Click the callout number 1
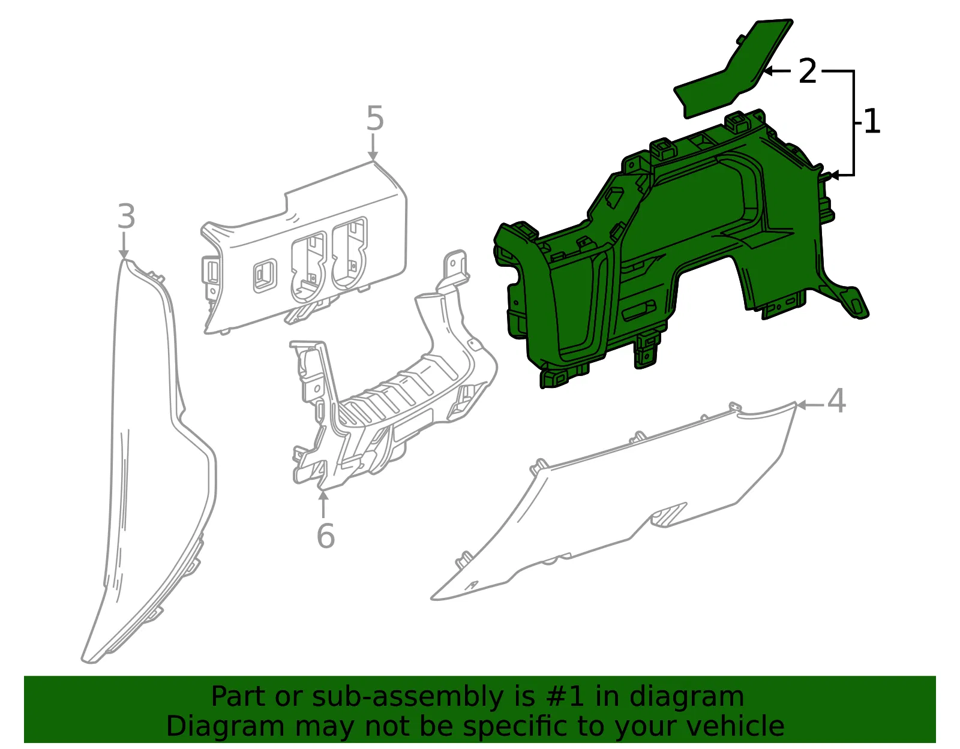pos(872,121)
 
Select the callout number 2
pos(807,71)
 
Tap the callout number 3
pos(127,216)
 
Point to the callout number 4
pos(836,401)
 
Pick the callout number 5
pos(375,118)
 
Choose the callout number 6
pos(326,536)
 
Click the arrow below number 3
pos(124,245)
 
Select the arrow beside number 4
pos(810,405)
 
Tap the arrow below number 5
pos(373,148)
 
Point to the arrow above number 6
pos(323,504)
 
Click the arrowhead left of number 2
pos(769,71)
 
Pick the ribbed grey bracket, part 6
pos(389,397)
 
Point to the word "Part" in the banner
pos(239,696)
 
